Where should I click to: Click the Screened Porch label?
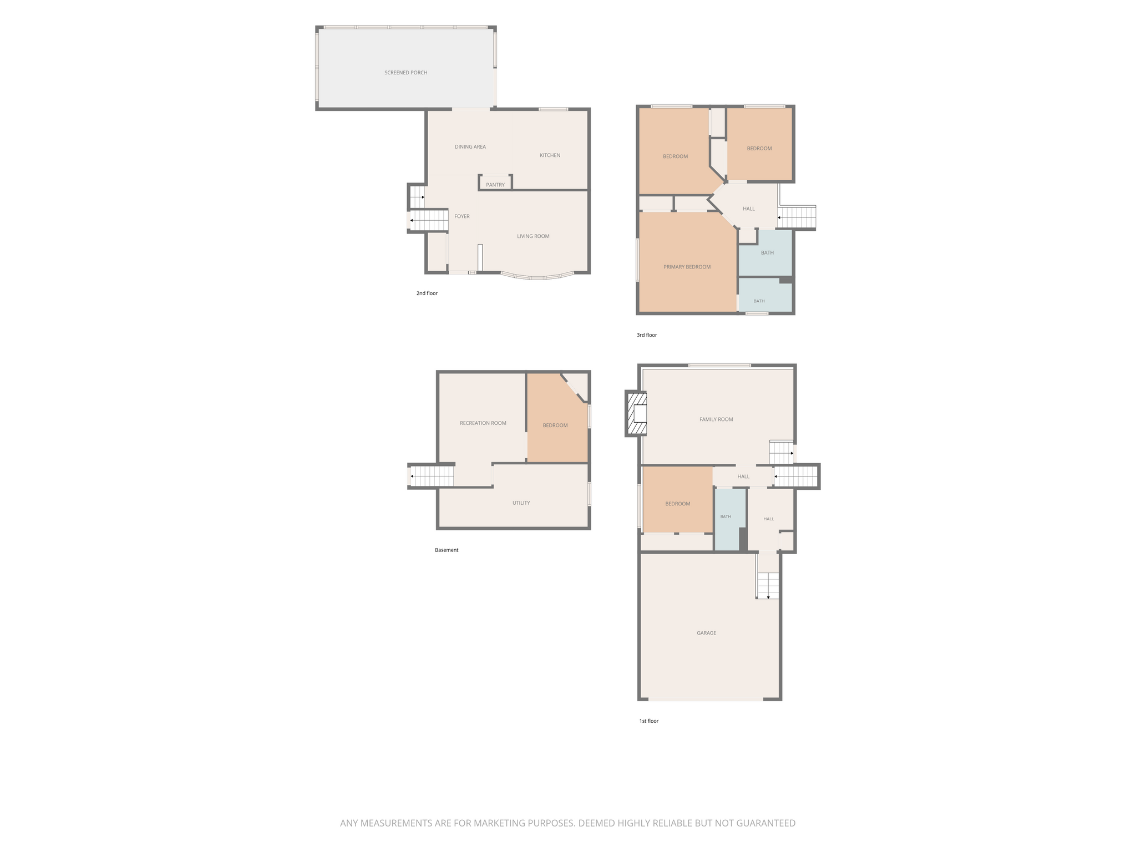405,73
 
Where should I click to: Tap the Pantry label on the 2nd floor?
495,185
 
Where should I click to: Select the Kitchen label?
550,155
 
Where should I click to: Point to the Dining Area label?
470,147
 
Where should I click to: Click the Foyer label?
462,216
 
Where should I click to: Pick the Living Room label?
533,236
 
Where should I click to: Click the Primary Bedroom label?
687,267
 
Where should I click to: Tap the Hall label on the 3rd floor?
749,209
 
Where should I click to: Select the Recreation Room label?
483,423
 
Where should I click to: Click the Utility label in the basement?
521,503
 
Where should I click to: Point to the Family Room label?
716,419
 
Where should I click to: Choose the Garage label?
707,633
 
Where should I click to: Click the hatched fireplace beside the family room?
636,414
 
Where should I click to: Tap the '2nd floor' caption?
427,293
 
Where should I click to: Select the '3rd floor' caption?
647,335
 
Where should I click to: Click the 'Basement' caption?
447,550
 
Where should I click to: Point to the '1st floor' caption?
648,721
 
